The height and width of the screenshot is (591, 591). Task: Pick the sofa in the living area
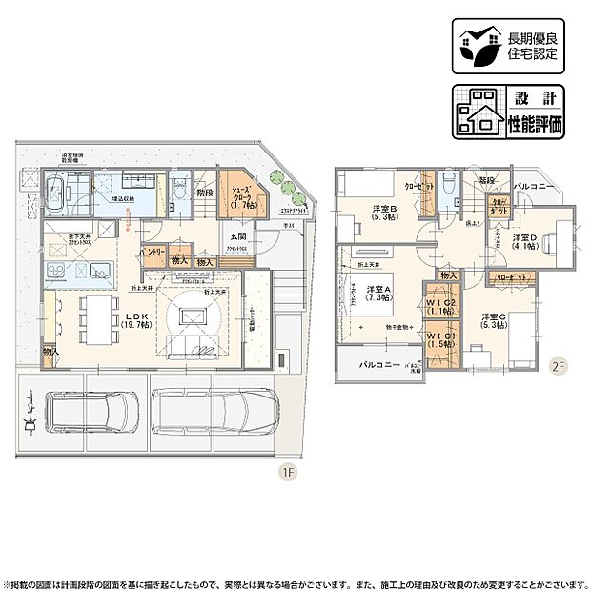point(198,344)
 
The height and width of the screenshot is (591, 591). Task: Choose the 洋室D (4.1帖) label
point(523,242)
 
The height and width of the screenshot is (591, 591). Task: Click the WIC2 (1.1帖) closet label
point(441,306)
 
